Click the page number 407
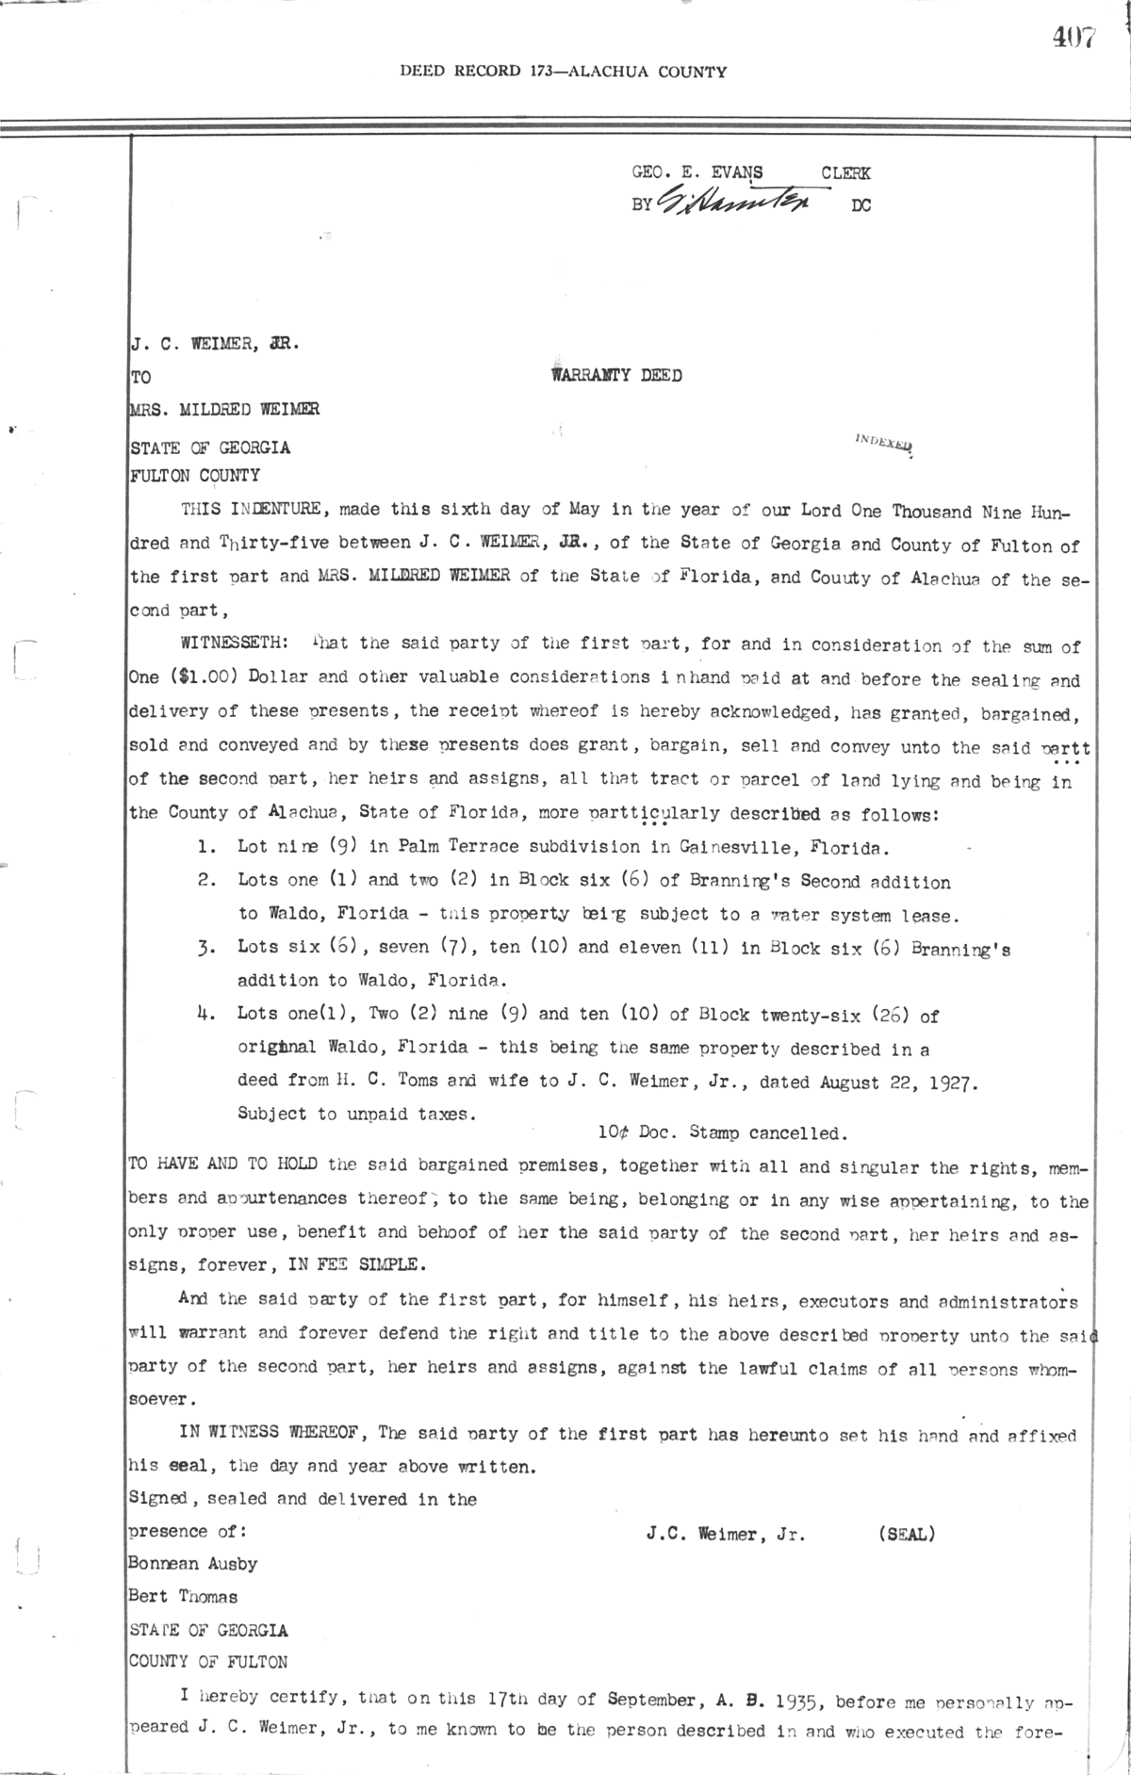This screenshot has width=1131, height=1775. (1074, 38)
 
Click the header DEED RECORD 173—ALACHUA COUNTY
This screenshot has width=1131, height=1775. (563, 71)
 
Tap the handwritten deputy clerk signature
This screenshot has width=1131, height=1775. (744, 199)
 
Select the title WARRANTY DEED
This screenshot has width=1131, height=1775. (616, 375)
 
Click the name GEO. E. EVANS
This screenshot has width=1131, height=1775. (697, 172)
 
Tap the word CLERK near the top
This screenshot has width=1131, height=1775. (845, 172)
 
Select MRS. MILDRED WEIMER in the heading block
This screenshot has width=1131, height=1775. (224, 410)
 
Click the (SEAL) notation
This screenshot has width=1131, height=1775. (905, 1534)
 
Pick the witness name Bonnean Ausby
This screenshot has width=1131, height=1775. (192, 1564)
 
